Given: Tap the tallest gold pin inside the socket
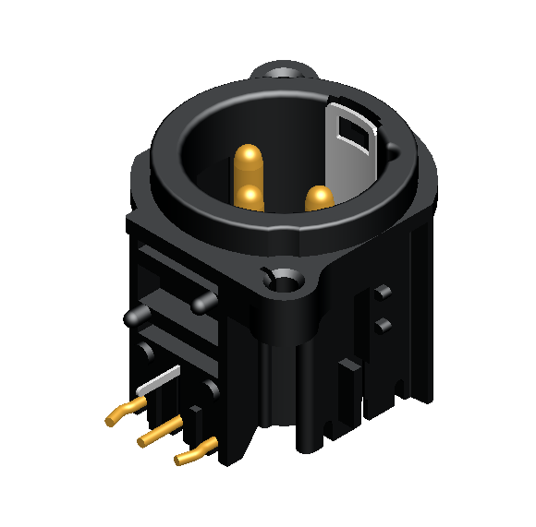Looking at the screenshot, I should [x=248, y=163].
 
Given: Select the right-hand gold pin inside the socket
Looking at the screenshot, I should [x=319, y=198].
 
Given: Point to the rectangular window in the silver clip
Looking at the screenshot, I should [x=354, y=130].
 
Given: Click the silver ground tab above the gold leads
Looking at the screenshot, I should [x=159, y=380].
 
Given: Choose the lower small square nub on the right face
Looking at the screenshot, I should [x=380, y=324].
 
